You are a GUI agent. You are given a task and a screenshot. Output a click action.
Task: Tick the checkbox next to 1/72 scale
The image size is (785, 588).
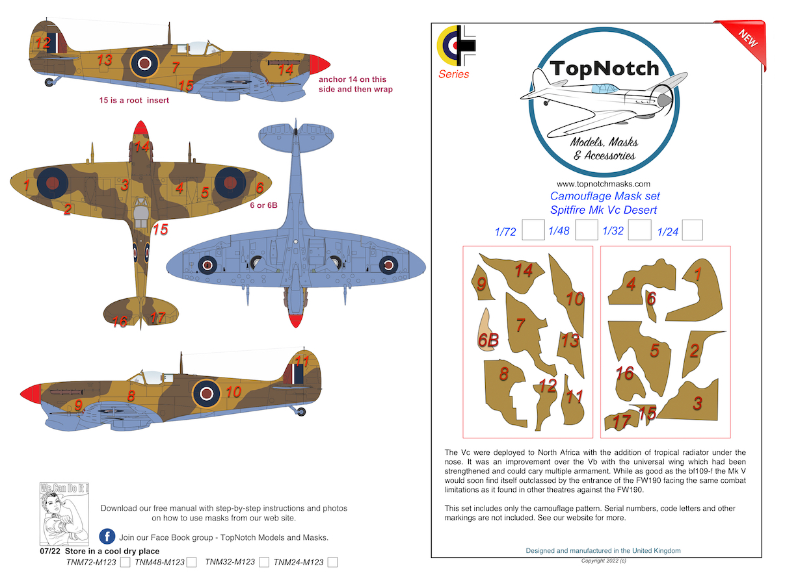point(533,230)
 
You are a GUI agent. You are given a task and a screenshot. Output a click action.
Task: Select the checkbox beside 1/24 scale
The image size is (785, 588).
point(693,230)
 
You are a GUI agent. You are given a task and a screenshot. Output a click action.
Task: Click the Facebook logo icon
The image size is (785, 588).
point(107,537)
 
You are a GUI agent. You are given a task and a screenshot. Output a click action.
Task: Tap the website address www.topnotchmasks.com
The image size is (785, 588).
point(603,184)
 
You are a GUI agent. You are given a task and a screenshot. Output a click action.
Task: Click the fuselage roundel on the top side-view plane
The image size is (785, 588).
point(144,62)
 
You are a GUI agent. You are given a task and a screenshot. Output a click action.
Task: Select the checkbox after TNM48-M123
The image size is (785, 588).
point(191,563)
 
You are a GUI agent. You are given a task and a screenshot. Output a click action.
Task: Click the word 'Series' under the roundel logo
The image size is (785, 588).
point(453,74)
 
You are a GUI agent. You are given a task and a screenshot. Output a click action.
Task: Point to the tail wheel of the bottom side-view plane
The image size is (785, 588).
point(300,411)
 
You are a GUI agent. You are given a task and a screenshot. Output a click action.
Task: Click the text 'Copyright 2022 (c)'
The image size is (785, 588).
point(604,560)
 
